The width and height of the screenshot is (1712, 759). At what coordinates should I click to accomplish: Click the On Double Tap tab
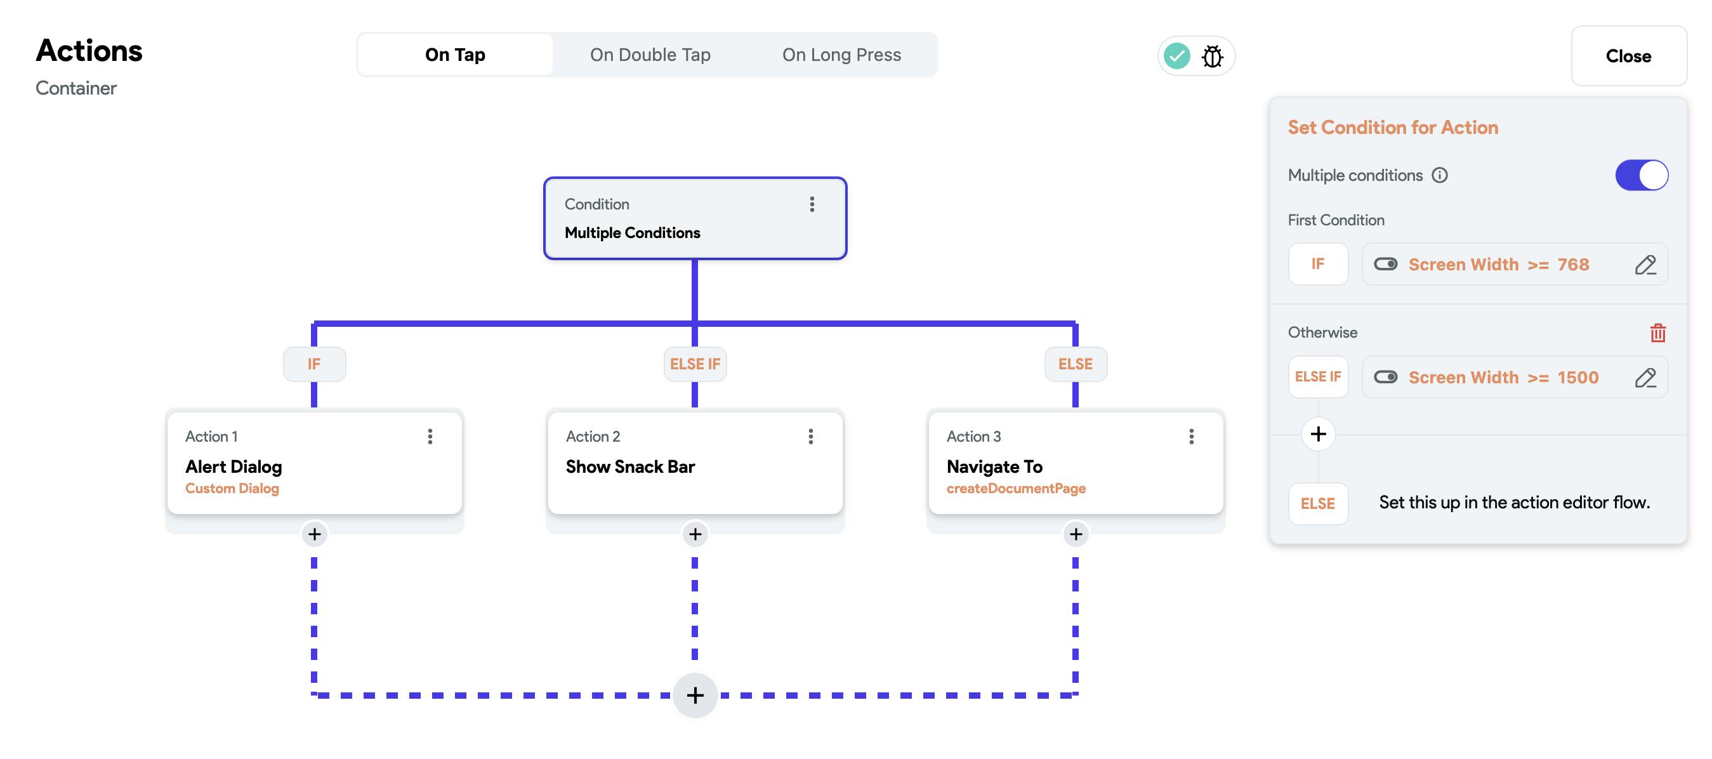tap(650, 55)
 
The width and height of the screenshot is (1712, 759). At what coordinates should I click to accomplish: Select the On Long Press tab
tap(841, 55)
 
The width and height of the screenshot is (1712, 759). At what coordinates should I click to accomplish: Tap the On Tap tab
tap(455, 55)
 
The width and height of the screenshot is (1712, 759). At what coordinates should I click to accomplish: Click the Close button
tap(1628, 56)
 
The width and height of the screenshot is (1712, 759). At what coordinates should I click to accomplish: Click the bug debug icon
tap(1212, 56)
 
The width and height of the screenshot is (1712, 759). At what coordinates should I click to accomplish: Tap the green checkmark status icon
tap(1177, 56)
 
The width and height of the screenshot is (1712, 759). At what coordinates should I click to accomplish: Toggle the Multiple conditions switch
tap(1642, 175)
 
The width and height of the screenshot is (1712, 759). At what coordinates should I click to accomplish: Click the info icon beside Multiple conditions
tap(1440, 175)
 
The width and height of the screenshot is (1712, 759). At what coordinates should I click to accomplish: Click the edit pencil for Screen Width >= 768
tap(1645, 265)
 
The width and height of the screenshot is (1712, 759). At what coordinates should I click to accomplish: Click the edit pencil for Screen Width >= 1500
tap(1645, 378)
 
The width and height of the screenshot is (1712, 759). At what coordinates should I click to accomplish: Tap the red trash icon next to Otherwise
tap(1657, 333)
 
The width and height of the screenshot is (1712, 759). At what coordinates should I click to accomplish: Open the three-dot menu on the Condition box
tap(812, 204)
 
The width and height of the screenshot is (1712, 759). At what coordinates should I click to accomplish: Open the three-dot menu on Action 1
tap(430, 436)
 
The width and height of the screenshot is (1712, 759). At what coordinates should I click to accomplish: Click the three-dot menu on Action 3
tap(1191, 436)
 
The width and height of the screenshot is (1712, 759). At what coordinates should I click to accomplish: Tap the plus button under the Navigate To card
tap(1076, 534)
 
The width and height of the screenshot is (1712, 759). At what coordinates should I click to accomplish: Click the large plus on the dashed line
tap(695, 695)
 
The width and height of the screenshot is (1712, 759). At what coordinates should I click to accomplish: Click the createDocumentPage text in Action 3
tap(1015, 489)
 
